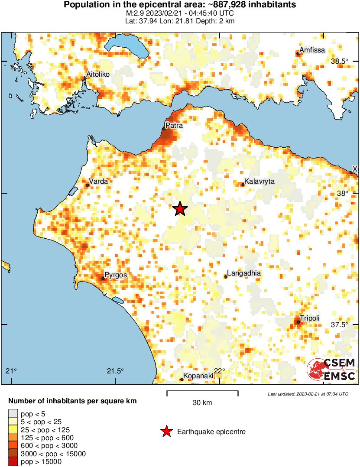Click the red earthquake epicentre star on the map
tap(180, 209)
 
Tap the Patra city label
tap(174, 126)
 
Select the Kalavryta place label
tap(259, 182)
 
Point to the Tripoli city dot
tap(298, 322)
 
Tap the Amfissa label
tap(312, 50)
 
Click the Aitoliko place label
tap(98, 75)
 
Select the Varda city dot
tap(87, 185)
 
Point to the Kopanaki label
tap(198, 376)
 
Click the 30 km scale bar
tap(202, 393)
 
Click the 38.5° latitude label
tap(340, 62)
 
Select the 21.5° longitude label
tap(115, 371)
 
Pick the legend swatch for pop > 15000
tap(13, 462)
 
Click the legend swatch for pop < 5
tap(13, 414)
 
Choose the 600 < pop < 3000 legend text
tap(49, 446)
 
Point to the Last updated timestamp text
tap(308, 394)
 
